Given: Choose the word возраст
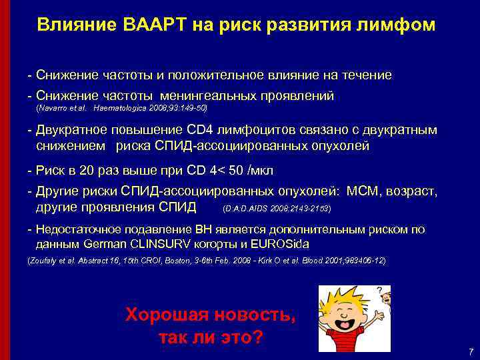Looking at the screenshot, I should (x=413, y=191).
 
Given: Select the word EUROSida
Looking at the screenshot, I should (x=283, y=244).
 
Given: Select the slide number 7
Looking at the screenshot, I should (x=471, y=351).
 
